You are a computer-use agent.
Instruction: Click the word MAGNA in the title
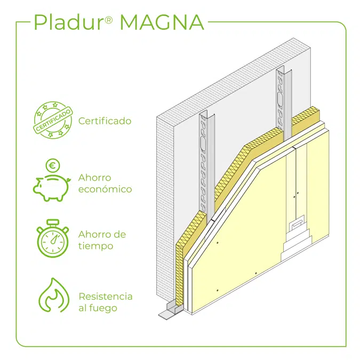pos(162,22)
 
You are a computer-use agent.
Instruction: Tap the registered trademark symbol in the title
pos(109,20)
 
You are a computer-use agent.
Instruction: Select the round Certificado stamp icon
pos(53,120)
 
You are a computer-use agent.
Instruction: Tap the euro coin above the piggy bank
pos(53,165)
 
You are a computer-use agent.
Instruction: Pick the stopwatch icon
pos(53,238)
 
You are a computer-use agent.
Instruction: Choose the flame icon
pos(54,295)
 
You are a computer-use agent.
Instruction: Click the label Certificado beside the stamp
pos(105,121)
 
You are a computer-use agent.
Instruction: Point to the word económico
pos(105,189)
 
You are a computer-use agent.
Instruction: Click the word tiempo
pos(96,246)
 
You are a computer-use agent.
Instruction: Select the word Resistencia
pos(106,296)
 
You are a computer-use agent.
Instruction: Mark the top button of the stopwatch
pos(53,222)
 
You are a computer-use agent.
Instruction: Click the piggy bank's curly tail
pos(68,180)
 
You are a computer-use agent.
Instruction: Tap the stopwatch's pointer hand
pos(54,238)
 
